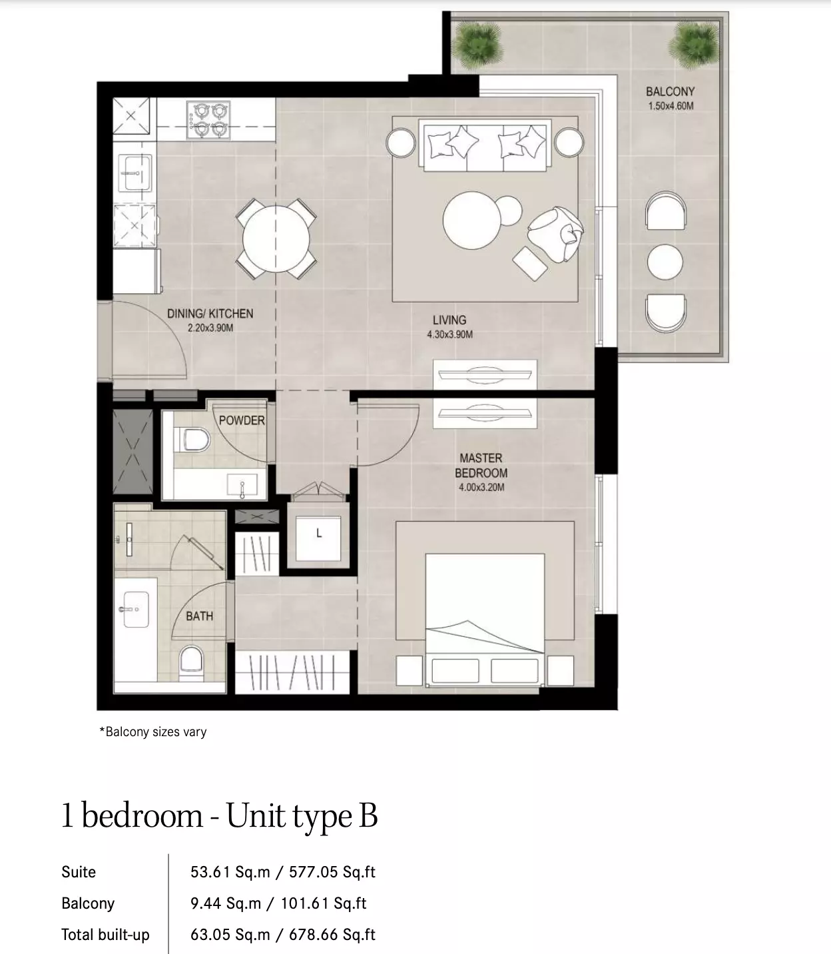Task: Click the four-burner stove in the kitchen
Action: point(208,120)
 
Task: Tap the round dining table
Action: point(276,238)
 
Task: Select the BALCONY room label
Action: point(671,91)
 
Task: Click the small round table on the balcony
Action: point(665,262)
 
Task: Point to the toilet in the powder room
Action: point(192,439)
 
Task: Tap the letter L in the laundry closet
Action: point(319,533)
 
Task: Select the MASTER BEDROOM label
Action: point(481,466)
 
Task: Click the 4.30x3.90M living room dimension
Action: point(449,334)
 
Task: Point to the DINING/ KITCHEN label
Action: point(210,313)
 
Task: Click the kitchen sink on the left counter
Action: point(135,173)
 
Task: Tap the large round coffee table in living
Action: point(471,220)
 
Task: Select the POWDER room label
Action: point(242,420)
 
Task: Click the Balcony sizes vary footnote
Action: point(153,731)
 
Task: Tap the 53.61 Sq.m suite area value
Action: point(230,871)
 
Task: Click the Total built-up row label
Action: point(105,935)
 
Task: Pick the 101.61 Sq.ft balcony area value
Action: point(323,903)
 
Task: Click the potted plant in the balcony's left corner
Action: point(477,44)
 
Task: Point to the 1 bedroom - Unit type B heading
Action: point(220,816)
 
